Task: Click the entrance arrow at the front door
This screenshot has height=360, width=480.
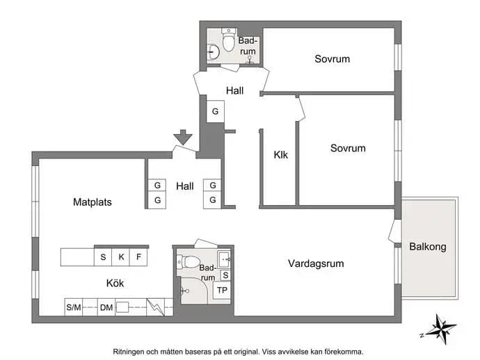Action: pyautogui.click(x=183, y=137)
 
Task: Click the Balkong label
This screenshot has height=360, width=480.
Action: pyautogui.click(x=428, y=247)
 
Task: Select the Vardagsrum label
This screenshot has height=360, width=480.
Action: pyautogui.click(x=316, y=263)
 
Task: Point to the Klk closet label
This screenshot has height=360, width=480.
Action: pyautogui.click(x=281, y=155)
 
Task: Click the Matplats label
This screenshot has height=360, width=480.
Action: pyautogui.click(x=93, y=202)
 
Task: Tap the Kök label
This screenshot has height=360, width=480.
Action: pyautogui.click(x=115, y=284)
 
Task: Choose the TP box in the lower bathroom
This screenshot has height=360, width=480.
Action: pyautogui.click(x=222, y=291)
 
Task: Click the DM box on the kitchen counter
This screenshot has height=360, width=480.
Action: pyautogui.click(x=106, y=307)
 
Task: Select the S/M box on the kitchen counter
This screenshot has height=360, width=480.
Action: pyautogui.click(x=74, y=307)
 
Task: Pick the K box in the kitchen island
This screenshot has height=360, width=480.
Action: pyautogui.click(x=121, y=257)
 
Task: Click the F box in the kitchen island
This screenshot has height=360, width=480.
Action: pyautogui.click(x=138, y=257)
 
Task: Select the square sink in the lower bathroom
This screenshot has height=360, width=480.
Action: pyautogui.click(x=225, y=259)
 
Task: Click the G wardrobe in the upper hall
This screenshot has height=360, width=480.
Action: pyautogui.click(x=215, y=111)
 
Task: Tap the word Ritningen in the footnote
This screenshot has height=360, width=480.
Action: pyautogui.click(x=129, y=352)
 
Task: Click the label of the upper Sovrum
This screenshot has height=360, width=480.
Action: pyautogui.click(x=332, y=58)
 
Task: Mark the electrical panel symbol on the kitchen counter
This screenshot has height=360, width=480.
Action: pyautogui.click(x=156, y=307)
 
